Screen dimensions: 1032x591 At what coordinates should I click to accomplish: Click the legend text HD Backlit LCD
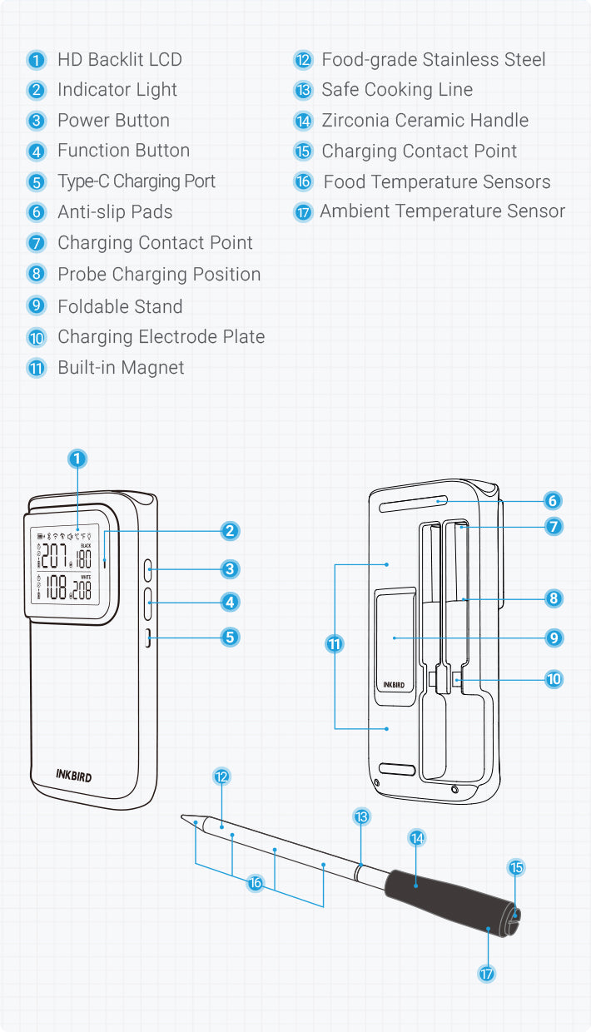click(x=119, y=60)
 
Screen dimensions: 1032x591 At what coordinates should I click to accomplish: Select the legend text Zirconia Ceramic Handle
click(x=425, y=121)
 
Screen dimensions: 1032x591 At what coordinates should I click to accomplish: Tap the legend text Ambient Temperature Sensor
click(x=442, y=211)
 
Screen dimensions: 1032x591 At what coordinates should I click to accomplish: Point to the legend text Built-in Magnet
click(x=121, y=368)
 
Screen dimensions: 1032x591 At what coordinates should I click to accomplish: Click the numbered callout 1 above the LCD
click(x=77, y=459)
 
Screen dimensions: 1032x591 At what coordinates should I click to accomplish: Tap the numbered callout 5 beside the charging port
click(x=231, y=638)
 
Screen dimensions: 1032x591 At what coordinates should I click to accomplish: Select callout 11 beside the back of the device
click(x=335, y=644)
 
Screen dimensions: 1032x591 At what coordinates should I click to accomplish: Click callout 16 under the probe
click(x=256, y=883)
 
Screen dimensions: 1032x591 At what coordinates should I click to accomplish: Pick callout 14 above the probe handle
click(x=418, y=838)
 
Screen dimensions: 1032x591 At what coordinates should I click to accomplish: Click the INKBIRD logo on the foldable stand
click(x=394, y=685)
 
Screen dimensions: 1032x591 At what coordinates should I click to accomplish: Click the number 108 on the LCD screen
click(x=57, y=588)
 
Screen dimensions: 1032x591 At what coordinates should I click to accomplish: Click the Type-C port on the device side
click(x=147, y=638)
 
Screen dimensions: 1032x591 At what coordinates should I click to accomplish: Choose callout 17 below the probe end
click(x=487, y=972)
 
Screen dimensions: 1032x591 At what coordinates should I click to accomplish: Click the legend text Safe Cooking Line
click(x=397, y=90)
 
